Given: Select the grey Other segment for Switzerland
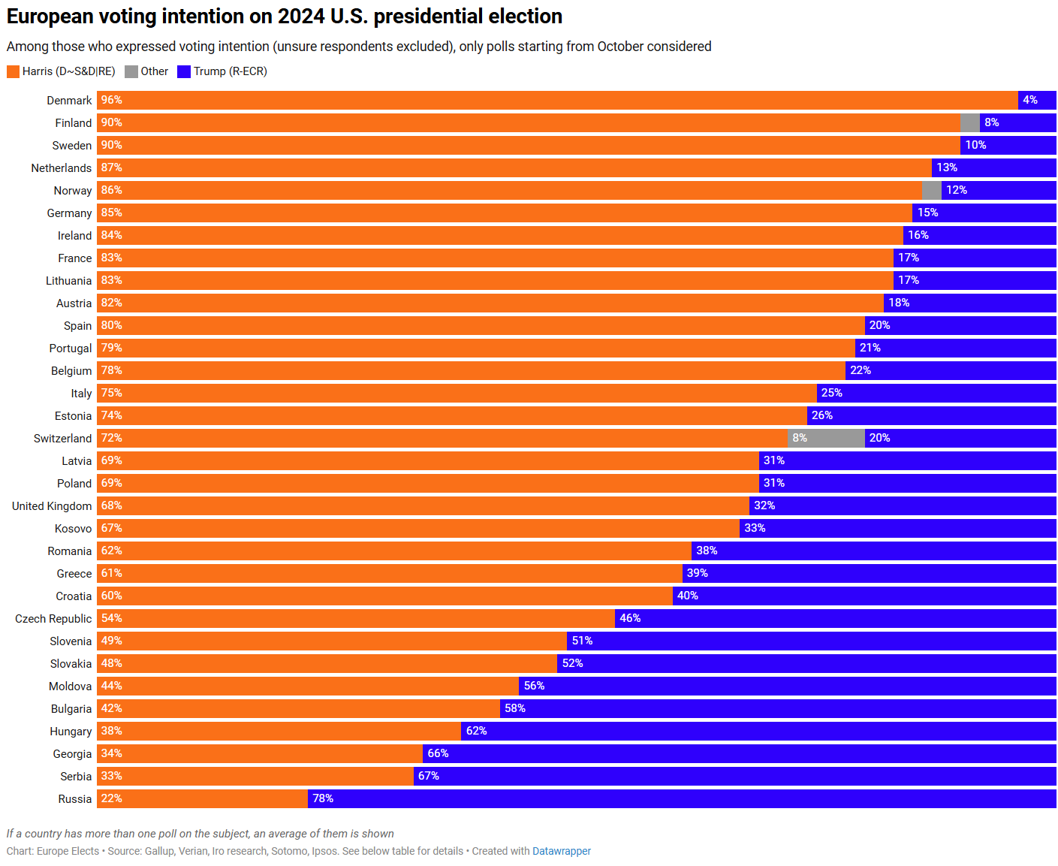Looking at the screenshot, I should (826, 438).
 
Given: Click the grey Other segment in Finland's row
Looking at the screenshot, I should (970, 122).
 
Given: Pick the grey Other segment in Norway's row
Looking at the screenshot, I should (931, 190).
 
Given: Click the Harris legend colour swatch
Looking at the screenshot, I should (13, 71).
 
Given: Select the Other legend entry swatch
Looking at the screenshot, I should (131, 71).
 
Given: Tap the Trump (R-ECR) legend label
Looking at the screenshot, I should (230, 71).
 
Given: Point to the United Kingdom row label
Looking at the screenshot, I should (52, 505).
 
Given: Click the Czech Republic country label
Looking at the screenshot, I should (53, 618).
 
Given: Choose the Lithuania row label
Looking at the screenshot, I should (68, 280).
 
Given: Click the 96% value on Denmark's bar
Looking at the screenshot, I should (111, 100).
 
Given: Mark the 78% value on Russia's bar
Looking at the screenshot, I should (323, 798).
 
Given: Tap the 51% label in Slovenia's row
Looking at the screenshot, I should (582, 641).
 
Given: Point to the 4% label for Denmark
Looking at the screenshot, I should (1029, 100).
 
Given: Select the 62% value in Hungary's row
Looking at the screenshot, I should (476, 731).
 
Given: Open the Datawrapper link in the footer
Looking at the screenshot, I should (562, 851).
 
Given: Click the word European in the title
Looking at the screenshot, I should (50, 16).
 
